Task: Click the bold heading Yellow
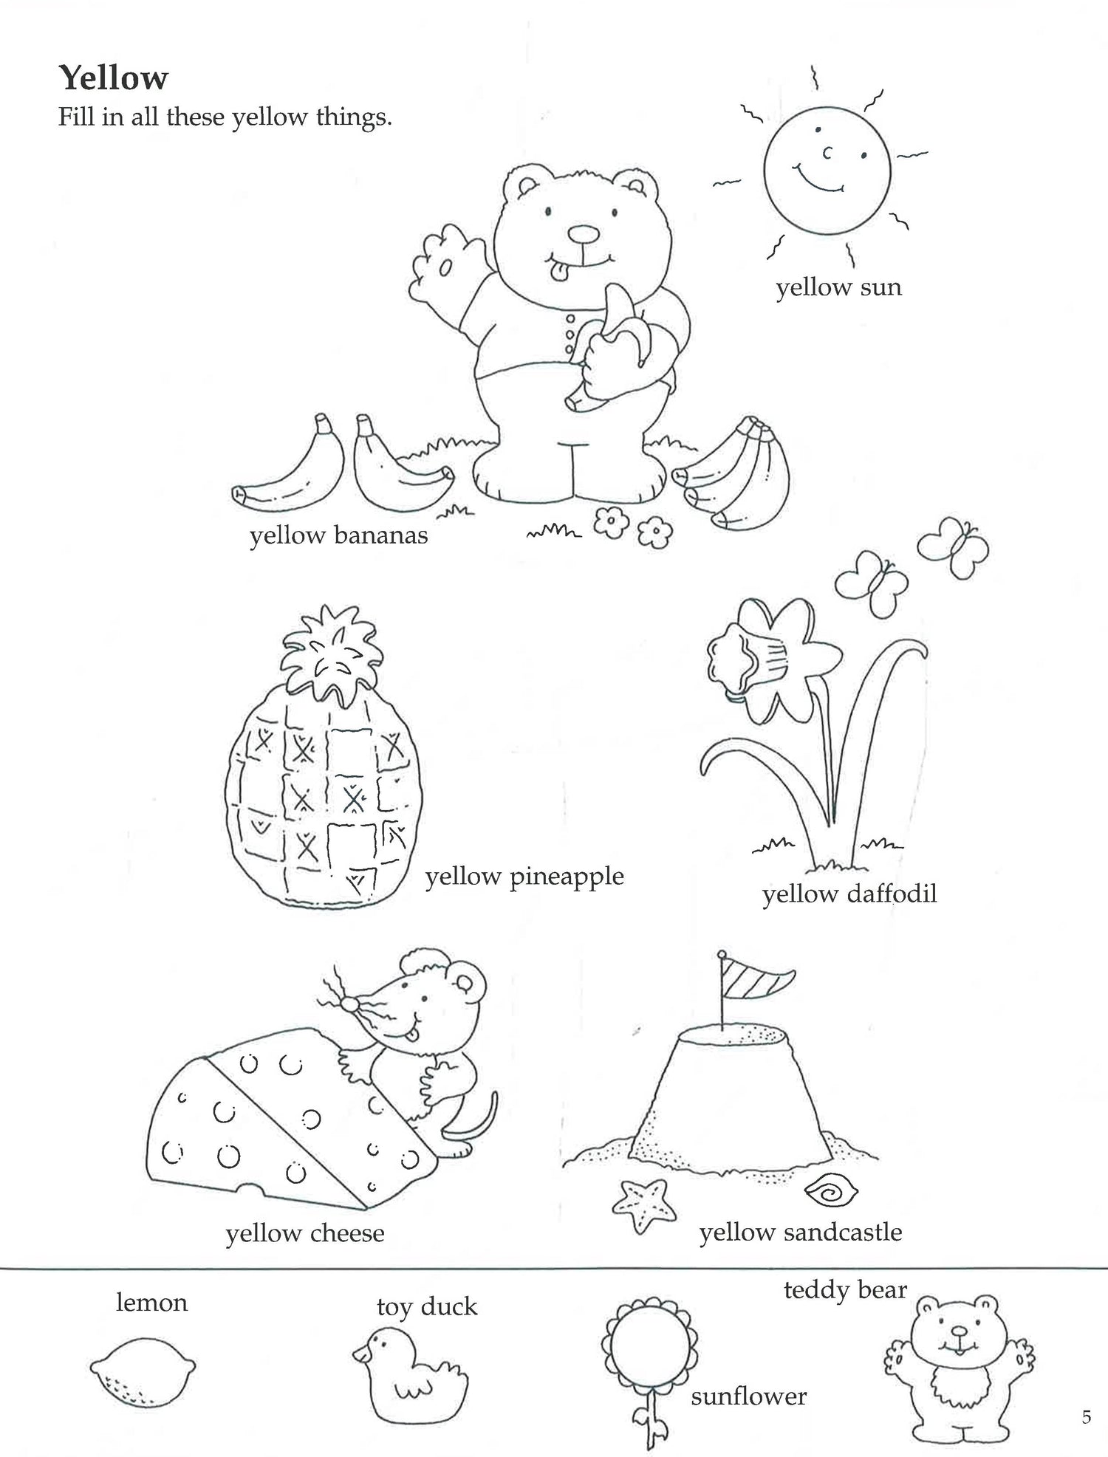tap(114, 78)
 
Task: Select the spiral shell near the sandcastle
tap(830, 1191)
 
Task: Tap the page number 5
tap(1086, 1417)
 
